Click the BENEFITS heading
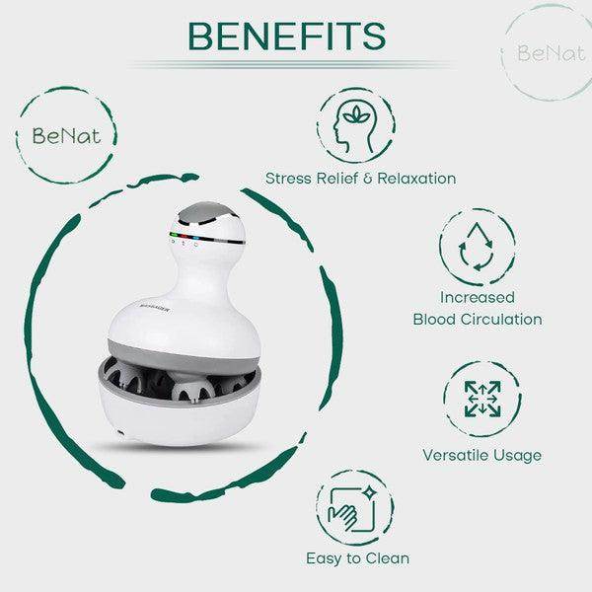coord(286,36)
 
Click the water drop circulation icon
coord(477,245)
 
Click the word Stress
coord(288,179)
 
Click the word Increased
coord(478,295)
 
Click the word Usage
coord(516,455)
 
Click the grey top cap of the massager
coord(210,214)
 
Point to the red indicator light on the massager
coord(174,236)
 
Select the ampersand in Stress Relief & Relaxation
coord(364,179)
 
